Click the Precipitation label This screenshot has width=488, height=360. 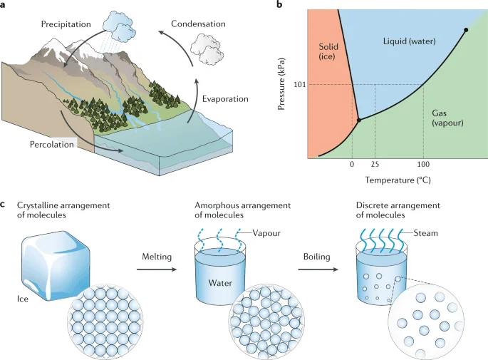(x=66, y=24)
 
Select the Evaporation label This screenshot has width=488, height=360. (x=225, y=98)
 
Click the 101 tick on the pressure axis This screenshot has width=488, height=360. (x=300, y=84)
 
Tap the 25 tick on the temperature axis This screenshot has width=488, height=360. (x=375, y=165)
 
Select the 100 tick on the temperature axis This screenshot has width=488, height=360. (x=423, y=165)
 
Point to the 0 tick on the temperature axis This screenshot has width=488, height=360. (x=351, y=165)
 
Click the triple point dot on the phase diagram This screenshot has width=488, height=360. (x=358, y=120)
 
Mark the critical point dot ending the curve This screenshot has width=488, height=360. (x=466, y=30)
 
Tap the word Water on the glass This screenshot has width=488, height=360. (x=221, y=282)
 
